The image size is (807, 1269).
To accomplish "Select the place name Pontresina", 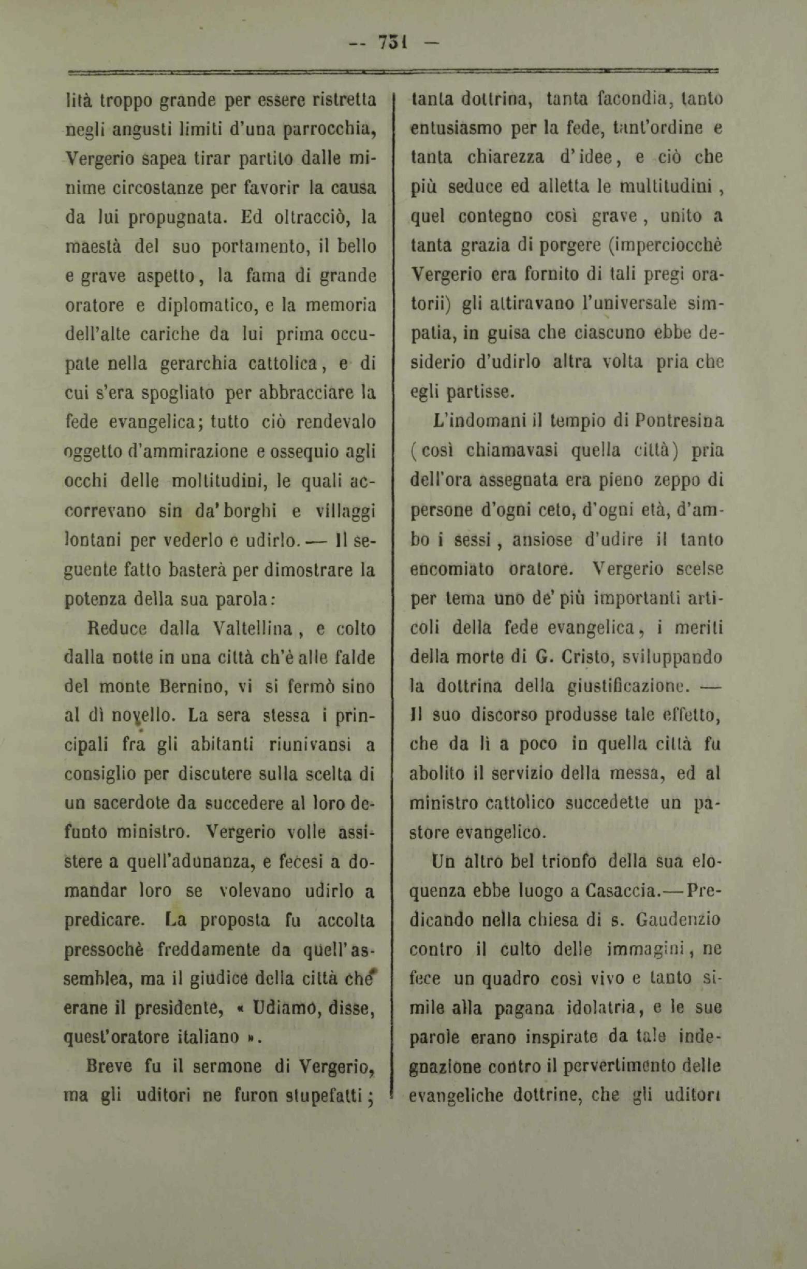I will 679,422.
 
